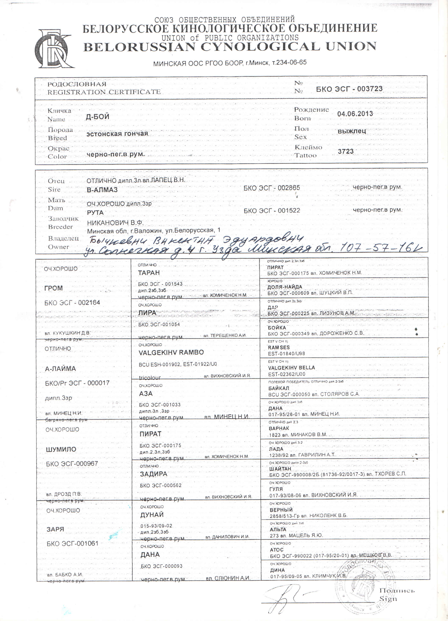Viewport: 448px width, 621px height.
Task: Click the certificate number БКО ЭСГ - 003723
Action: click(x=349, y=89)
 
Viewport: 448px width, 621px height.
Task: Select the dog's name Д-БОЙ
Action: click(x=97, y=117)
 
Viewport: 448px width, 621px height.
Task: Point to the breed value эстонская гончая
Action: click(x=117, y=134)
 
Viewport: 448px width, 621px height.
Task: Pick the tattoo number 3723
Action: click(x=346, y=151)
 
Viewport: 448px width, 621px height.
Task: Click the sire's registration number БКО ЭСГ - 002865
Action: click(x=272, y=188)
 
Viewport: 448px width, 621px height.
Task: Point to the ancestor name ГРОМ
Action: click(x=54, y=288)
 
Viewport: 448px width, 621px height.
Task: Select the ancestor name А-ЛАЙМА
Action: click(x=60, y=369)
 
